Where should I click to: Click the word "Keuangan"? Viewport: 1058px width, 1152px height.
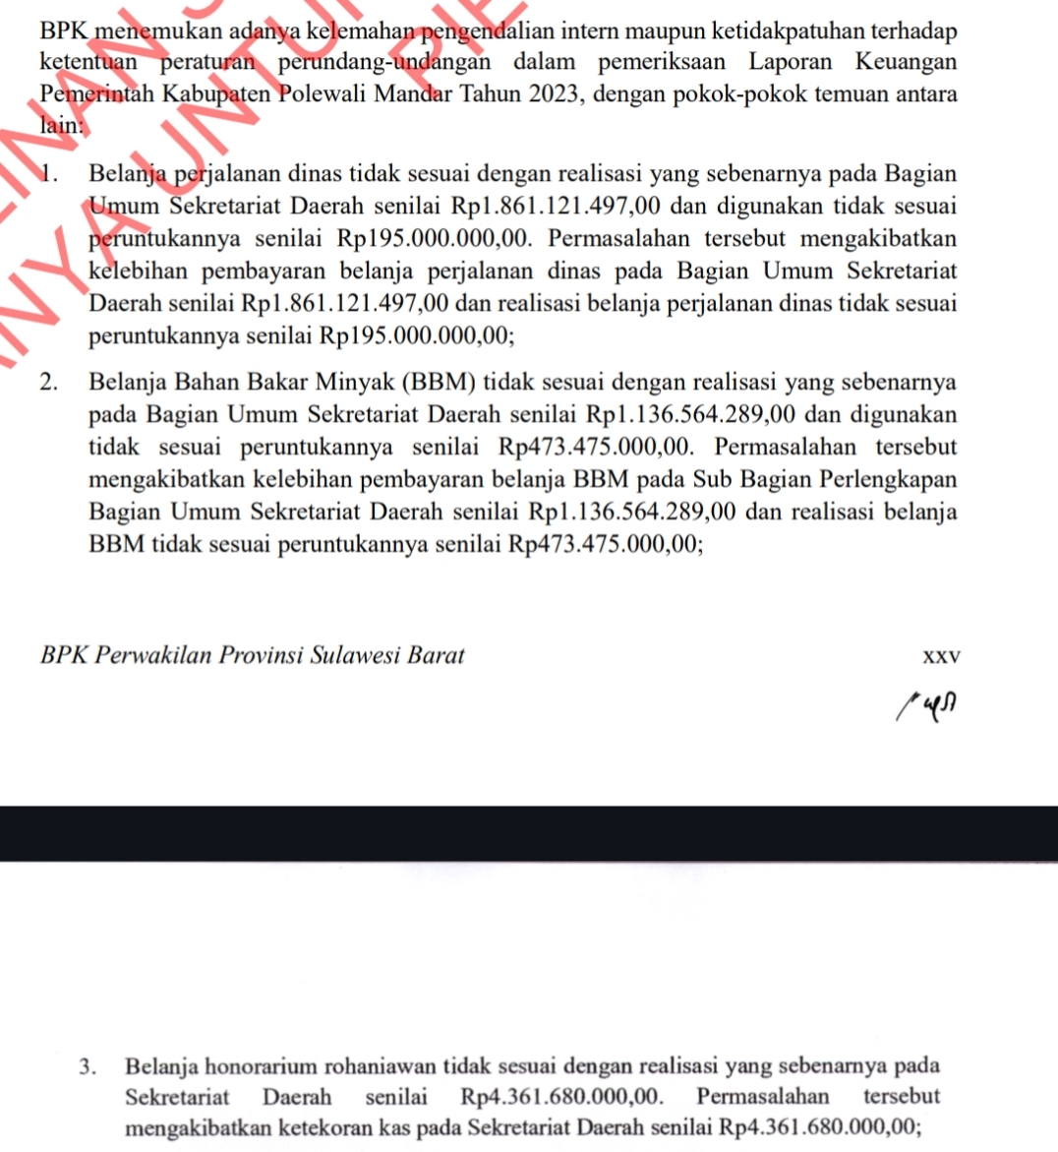[x=905, y=63]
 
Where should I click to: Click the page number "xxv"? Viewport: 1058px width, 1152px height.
[x=941, y=656]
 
